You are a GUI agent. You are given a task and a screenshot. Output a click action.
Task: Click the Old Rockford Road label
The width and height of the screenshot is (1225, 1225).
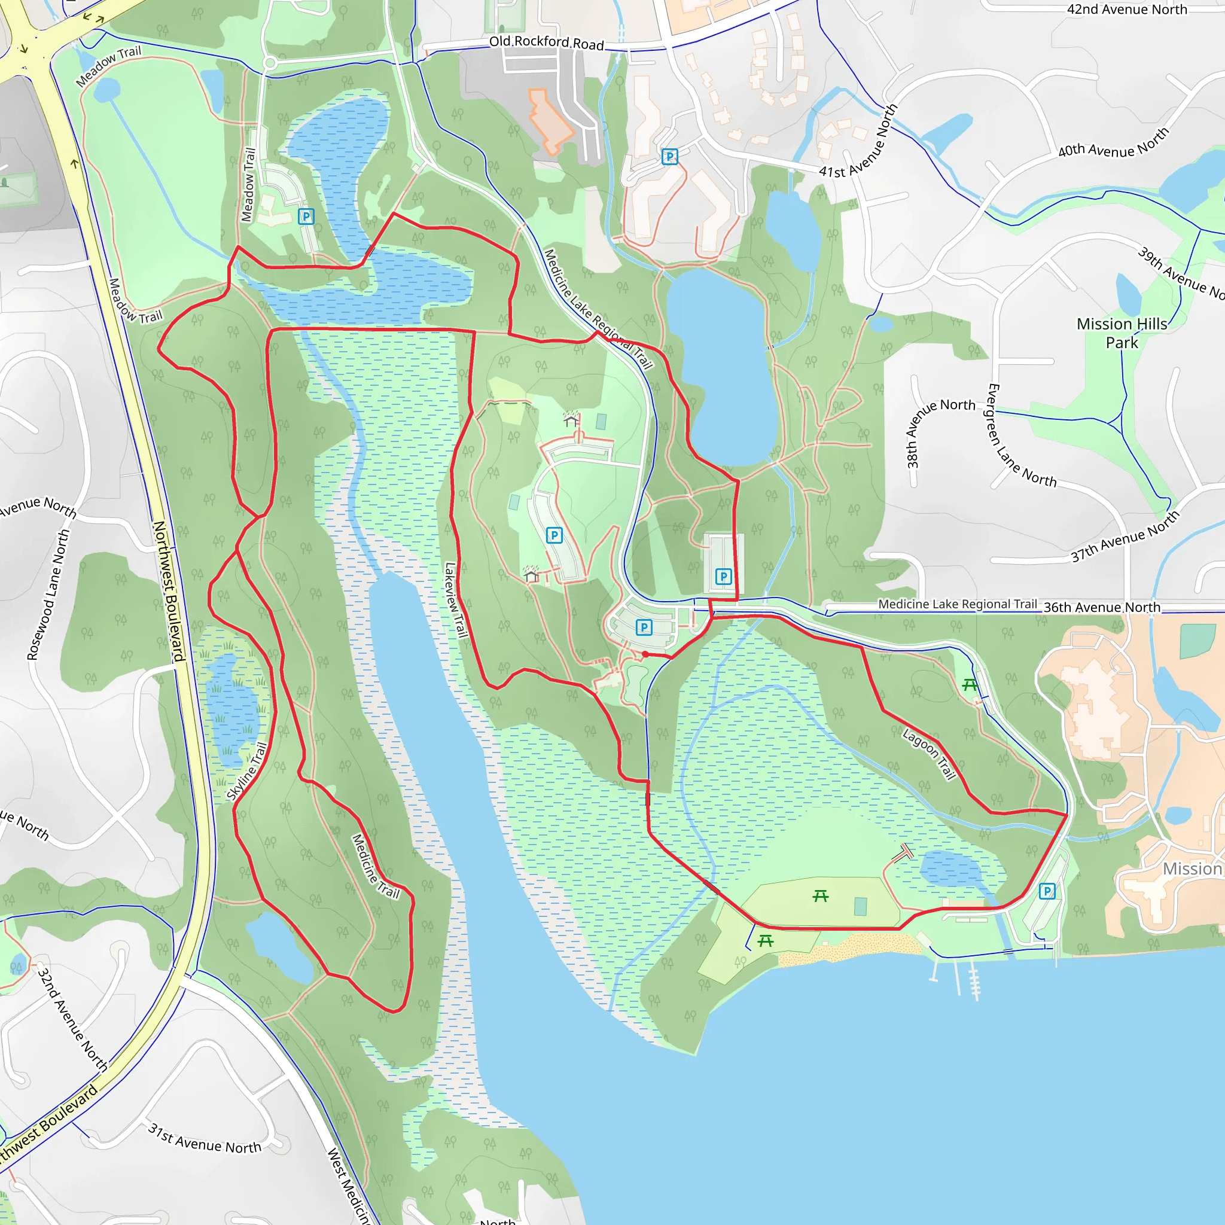(546, 42)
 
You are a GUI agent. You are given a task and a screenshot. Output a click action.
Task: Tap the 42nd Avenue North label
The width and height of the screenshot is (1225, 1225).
(1127, 10)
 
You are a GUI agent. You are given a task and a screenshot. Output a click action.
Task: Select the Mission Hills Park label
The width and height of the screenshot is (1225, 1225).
(1122, 333)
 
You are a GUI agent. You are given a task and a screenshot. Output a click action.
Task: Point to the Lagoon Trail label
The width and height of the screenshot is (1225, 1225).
(929, 754)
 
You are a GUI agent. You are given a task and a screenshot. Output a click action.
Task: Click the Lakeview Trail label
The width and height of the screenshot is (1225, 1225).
(456, 599)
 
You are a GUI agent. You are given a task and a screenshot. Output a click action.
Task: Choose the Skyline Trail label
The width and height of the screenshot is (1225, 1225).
(246, 772)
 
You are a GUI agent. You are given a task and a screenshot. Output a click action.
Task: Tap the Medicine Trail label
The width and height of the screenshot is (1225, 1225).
(376, 866)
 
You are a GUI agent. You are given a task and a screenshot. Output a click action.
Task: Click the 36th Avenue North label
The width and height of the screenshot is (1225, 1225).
(1102, 608)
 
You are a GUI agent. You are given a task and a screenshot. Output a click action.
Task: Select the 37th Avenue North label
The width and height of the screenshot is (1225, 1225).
(1125, 537)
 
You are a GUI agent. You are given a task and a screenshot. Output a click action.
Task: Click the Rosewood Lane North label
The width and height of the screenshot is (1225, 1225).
(48, 595)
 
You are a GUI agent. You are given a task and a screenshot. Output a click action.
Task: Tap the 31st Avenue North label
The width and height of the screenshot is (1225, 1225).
(204, 1138)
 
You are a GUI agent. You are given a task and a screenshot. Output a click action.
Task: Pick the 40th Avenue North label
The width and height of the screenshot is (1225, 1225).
(1113, 144)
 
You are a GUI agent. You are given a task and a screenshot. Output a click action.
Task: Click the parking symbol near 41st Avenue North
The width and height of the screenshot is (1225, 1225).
(669, 157)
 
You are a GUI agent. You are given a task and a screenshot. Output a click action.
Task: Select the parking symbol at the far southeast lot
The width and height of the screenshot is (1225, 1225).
(1047, 891)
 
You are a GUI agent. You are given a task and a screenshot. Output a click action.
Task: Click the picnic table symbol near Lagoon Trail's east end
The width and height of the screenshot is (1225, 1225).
(970, 684)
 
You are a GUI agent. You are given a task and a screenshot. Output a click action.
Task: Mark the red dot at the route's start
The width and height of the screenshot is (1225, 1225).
(645, 654)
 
